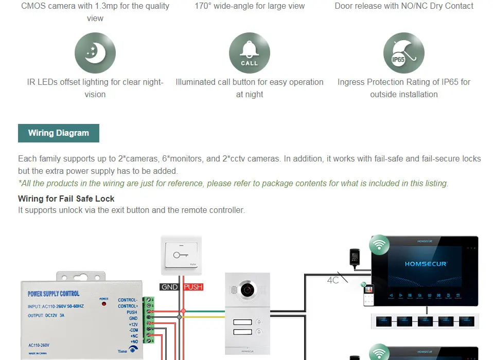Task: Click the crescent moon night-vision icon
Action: tap(95, 53)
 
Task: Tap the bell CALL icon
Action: tap(250, 53)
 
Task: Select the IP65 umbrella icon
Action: tap(404, 53)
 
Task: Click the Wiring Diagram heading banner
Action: tap(59, 133)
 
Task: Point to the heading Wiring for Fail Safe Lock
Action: tap(66, 199)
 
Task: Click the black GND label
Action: tap(170, 287)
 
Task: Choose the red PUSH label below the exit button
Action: tap(193, 287)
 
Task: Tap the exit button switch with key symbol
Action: tap(181, 256)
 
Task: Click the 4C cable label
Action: tap(333, 281)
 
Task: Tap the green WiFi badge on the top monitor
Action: tap(380, 245)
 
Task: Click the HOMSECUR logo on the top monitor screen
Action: tap(426, 264)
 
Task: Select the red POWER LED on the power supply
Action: tap(104, 304)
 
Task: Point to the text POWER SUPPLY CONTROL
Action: tap(54, 294)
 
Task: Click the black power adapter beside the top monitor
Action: tap(354, 257)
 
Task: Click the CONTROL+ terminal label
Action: tap(128, 306)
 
